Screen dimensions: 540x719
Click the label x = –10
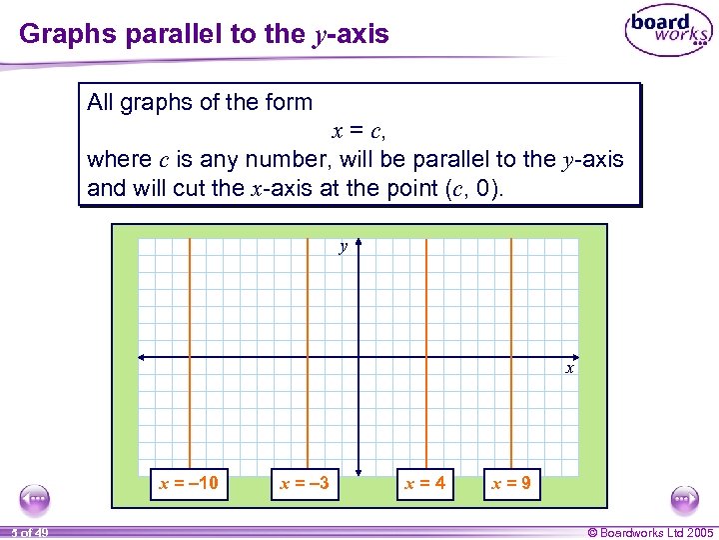point(189,485)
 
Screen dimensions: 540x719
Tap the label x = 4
point(424,485)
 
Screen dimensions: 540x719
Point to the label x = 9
point(511,485)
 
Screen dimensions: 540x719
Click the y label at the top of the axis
point(343,246)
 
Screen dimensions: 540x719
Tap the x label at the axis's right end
point(570,369)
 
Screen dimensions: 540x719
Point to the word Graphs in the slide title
point(62,34)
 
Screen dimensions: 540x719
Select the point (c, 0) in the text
point(472,187)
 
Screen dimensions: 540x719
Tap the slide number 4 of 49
point(31,532)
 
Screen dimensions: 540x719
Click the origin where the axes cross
point(358,357)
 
